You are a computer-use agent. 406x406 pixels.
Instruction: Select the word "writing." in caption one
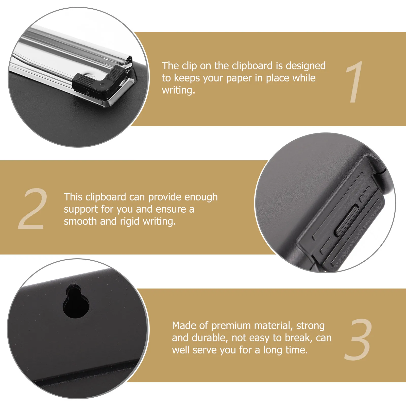click(179, 90)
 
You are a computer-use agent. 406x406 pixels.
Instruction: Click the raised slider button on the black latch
click(346, 221)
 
